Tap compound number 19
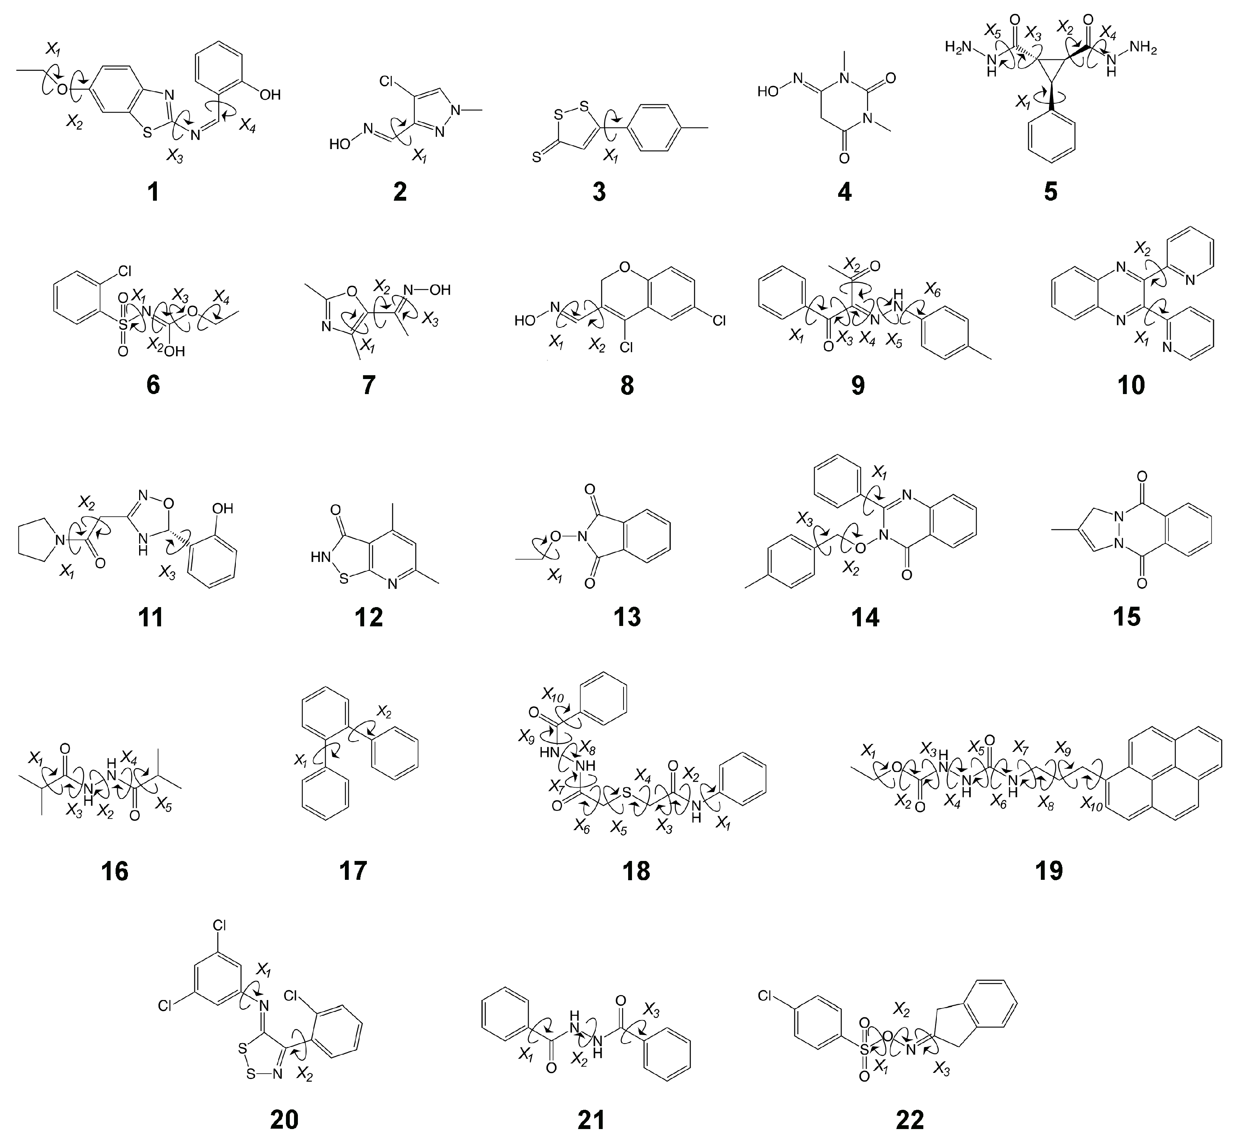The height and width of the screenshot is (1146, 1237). (1049, 871)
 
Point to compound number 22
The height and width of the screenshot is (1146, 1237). (910, 1120)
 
